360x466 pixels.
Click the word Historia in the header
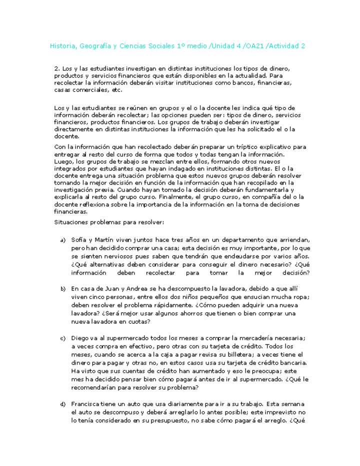click(62, 46)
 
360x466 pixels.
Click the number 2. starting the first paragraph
click(56, 68)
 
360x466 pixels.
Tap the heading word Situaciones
click(71, 221)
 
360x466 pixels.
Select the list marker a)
click(63, 240)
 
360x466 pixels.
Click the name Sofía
click(79, 240)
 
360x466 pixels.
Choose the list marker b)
click(63, 289)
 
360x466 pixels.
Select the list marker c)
click(63, 338)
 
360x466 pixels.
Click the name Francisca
click(86, 403)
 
